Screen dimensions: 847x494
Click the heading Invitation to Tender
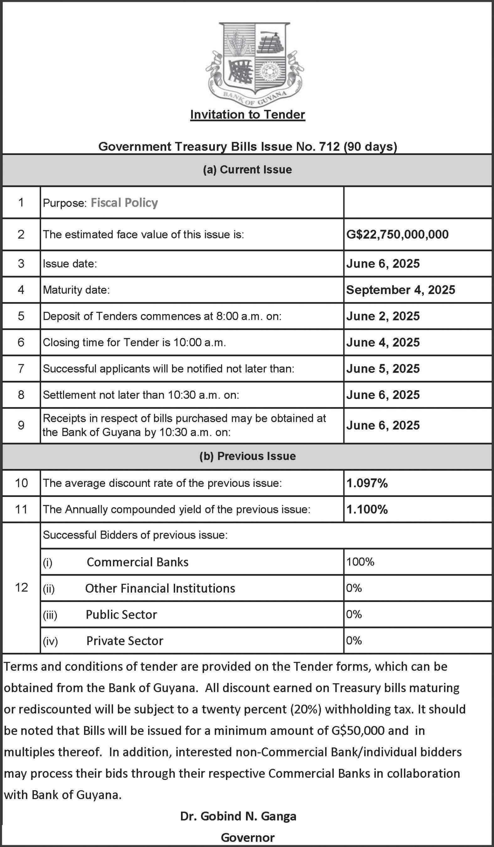248,115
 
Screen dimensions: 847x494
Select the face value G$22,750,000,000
397,235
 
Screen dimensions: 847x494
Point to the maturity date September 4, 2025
401,290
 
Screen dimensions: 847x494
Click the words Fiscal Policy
124,203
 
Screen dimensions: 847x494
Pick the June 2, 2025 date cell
383,316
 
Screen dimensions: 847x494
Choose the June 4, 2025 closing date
383,342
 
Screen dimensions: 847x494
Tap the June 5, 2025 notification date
383,368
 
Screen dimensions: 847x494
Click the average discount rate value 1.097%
367,483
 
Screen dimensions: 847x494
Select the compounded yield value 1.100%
367,509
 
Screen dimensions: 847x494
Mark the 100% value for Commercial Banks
360,562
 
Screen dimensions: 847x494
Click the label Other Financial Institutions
160,588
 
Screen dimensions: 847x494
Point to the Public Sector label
121,615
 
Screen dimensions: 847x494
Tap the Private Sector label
125,641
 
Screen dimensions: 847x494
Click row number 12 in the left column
21,588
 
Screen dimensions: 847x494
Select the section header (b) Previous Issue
247,456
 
